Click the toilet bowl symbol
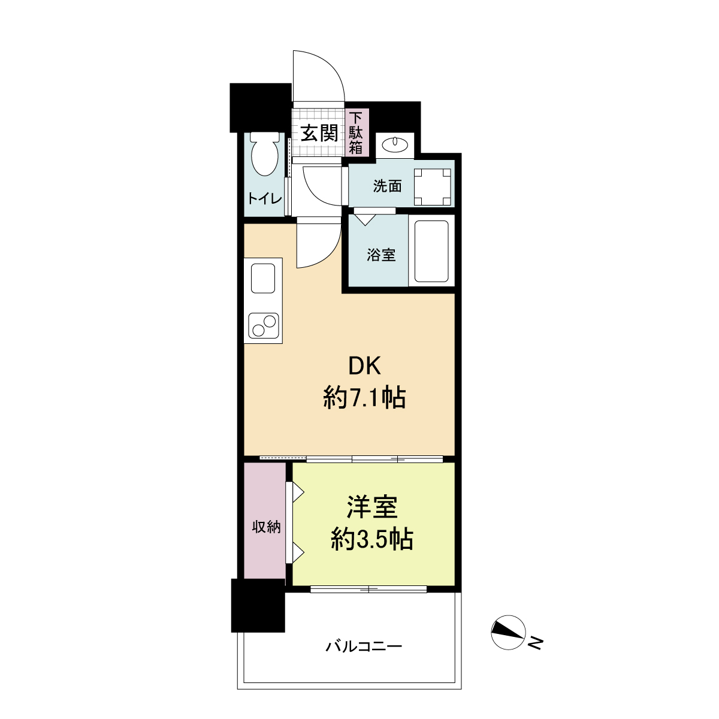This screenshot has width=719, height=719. [x=265, y=154]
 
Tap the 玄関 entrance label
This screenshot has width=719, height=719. [x=319, y=133]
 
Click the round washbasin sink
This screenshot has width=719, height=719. [x=394, y=144]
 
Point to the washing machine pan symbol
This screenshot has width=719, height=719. [x=432, y=187]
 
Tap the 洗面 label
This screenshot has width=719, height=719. [x=387, y=186]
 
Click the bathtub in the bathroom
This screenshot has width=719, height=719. [x=431, y=252]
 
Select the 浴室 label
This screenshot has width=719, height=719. [x=381, y=255]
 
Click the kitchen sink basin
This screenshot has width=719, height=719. [x=262, y=279]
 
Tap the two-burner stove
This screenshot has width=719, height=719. [x=263, y=325]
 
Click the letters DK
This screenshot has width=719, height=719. [x=364, y=366]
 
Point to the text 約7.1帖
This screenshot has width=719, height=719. [x=364, y=398]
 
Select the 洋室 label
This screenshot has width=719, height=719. [x=372, y=507]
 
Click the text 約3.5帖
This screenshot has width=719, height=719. [x=372, y=539]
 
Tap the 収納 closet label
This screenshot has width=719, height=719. [x=266, y=527]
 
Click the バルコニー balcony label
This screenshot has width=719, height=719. [x=364, y=646]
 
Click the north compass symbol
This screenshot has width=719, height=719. [x=508, y=633]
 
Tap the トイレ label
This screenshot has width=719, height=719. [x=265, y=198]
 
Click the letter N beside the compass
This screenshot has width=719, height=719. [x=536, y=643]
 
